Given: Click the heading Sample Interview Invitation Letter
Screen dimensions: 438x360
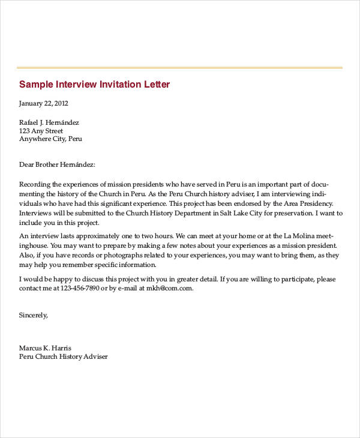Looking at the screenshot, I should click(94, 84).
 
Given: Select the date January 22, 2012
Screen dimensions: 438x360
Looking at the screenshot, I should click(44, 103).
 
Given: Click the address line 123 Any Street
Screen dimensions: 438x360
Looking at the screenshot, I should click(41, 131).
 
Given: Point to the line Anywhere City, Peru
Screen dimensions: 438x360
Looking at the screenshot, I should click(50, 139).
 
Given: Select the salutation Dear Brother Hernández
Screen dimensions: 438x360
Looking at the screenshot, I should click(57, 164).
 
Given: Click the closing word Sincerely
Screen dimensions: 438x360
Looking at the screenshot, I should click(33, 314).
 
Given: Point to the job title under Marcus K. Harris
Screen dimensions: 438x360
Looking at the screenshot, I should click(63, 356).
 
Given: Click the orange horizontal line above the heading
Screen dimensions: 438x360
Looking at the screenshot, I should click(180, 67).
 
